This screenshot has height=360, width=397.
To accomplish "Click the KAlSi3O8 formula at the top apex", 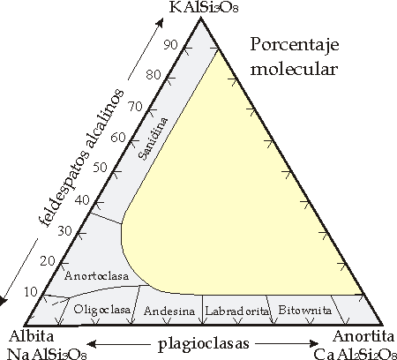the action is click(204, 7).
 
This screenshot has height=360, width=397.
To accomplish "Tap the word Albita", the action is click(32, 336).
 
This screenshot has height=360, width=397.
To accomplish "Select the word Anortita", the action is click(363, 336).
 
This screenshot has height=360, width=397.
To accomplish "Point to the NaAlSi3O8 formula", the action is click(47, 354).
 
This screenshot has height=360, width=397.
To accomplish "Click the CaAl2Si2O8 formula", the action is click(354, 354).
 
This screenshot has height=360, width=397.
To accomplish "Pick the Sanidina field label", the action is click(154, 139).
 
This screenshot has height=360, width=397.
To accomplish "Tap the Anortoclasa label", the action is click(96, 276).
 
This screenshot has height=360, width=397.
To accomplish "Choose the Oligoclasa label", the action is click(101, 310).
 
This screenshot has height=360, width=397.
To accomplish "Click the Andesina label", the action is click(169, 311).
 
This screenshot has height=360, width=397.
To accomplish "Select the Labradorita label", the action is click(237, 311).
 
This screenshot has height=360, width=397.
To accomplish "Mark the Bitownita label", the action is click(304, 310).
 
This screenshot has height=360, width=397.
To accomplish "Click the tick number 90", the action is click(171, 45).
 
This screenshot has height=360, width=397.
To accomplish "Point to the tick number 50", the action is click(100, 168).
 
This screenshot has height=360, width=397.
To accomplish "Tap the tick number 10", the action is click(31, 292).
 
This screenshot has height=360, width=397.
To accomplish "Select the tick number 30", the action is click(64, 231).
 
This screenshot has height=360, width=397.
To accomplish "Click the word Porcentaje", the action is click(295, 46).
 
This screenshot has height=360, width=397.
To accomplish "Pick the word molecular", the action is click(294, 70).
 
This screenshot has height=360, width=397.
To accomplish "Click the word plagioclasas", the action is click(204, 344).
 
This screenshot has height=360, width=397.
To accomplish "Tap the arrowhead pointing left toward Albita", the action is click(91, 343).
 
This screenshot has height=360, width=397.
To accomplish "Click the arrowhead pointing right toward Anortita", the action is click(315, 343).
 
